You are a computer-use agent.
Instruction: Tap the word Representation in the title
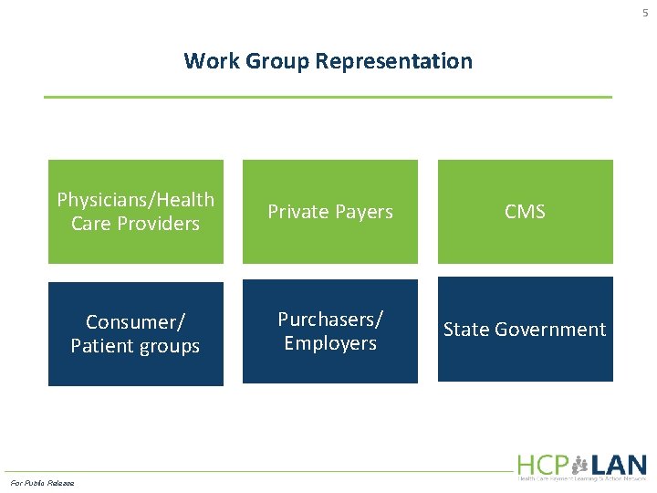[x=394, y=61]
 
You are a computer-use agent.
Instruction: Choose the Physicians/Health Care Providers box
[x=135, y=212]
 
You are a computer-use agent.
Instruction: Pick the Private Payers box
[x=329, y=212]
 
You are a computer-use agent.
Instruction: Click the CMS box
[x=525, y=212]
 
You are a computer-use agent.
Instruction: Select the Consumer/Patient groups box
[x=135, y=334]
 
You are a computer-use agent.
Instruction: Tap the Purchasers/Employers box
[x=329, y=330]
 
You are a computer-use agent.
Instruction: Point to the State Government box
[x=525, y=330]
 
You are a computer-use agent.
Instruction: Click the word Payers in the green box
[x=362, y=212]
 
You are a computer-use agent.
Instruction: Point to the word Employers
[x=329, y=343]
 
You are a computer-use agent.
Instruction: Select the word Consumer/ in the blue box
[x=135, y=322]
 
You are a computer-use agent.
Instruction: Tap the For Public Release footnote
[x=42, y=482]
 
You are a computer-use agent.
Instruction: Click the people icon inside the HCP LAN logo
[x=579, y=465]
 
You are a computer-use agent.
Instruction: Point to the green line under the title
[x=328, y=97]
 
